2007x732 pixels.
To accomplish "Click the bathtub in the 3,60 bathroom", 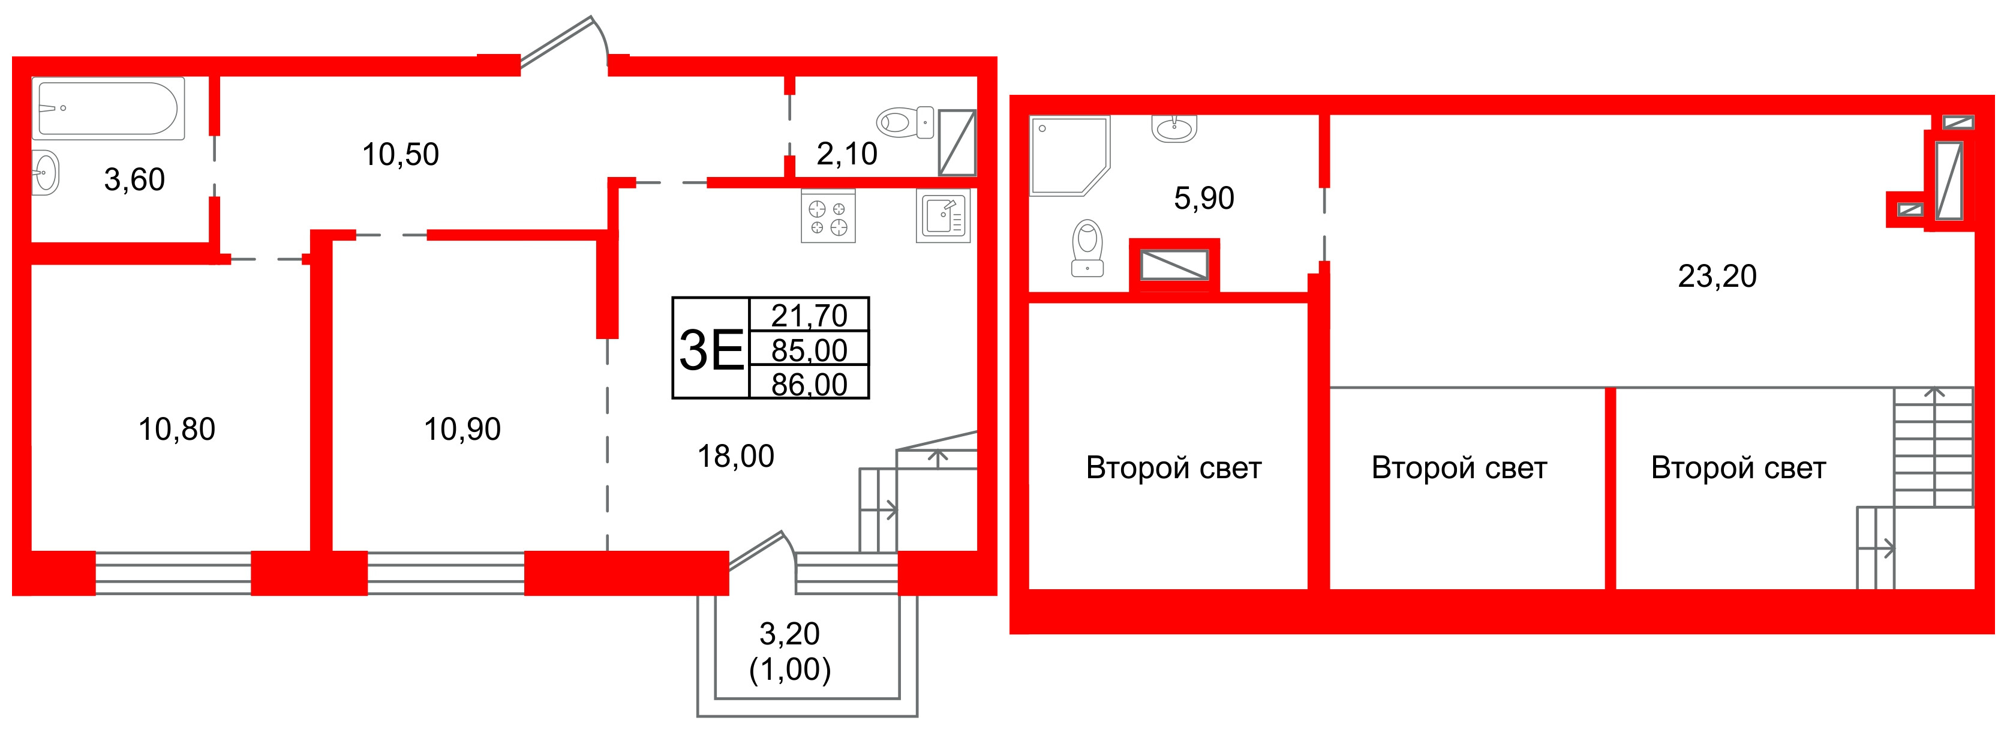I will (109, 109).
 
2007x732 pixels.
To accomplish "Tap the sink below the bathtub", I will (45, 172).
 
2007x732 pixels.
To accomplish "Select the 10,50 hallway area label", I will (401, 154).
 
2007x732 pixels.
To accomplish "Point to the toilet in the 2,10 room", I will (904, 123).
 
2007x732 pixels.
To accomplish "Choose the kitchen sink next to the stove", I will (943, 216).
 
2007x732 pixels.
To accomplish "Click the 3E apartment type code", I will (711, 350).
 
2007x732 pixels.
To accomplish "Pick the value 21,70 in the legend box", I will (809, 315).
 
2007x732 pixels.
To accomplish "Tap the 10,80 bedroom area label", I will (177, 429).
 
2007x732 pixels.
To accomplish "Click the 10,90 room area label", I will (462, 429).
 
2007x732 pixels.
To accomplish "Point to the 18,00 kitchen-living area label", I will (735, 456).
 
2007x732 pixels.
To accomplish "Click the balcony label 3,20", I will (789, 634).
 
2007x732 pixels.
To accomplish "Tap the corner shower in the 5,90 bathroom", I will (1066, 154).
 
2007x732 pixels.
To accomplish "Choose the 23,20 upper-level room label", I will (1717, 276).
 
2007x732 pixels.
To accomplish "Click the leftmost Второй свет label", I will (1173, 468).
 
